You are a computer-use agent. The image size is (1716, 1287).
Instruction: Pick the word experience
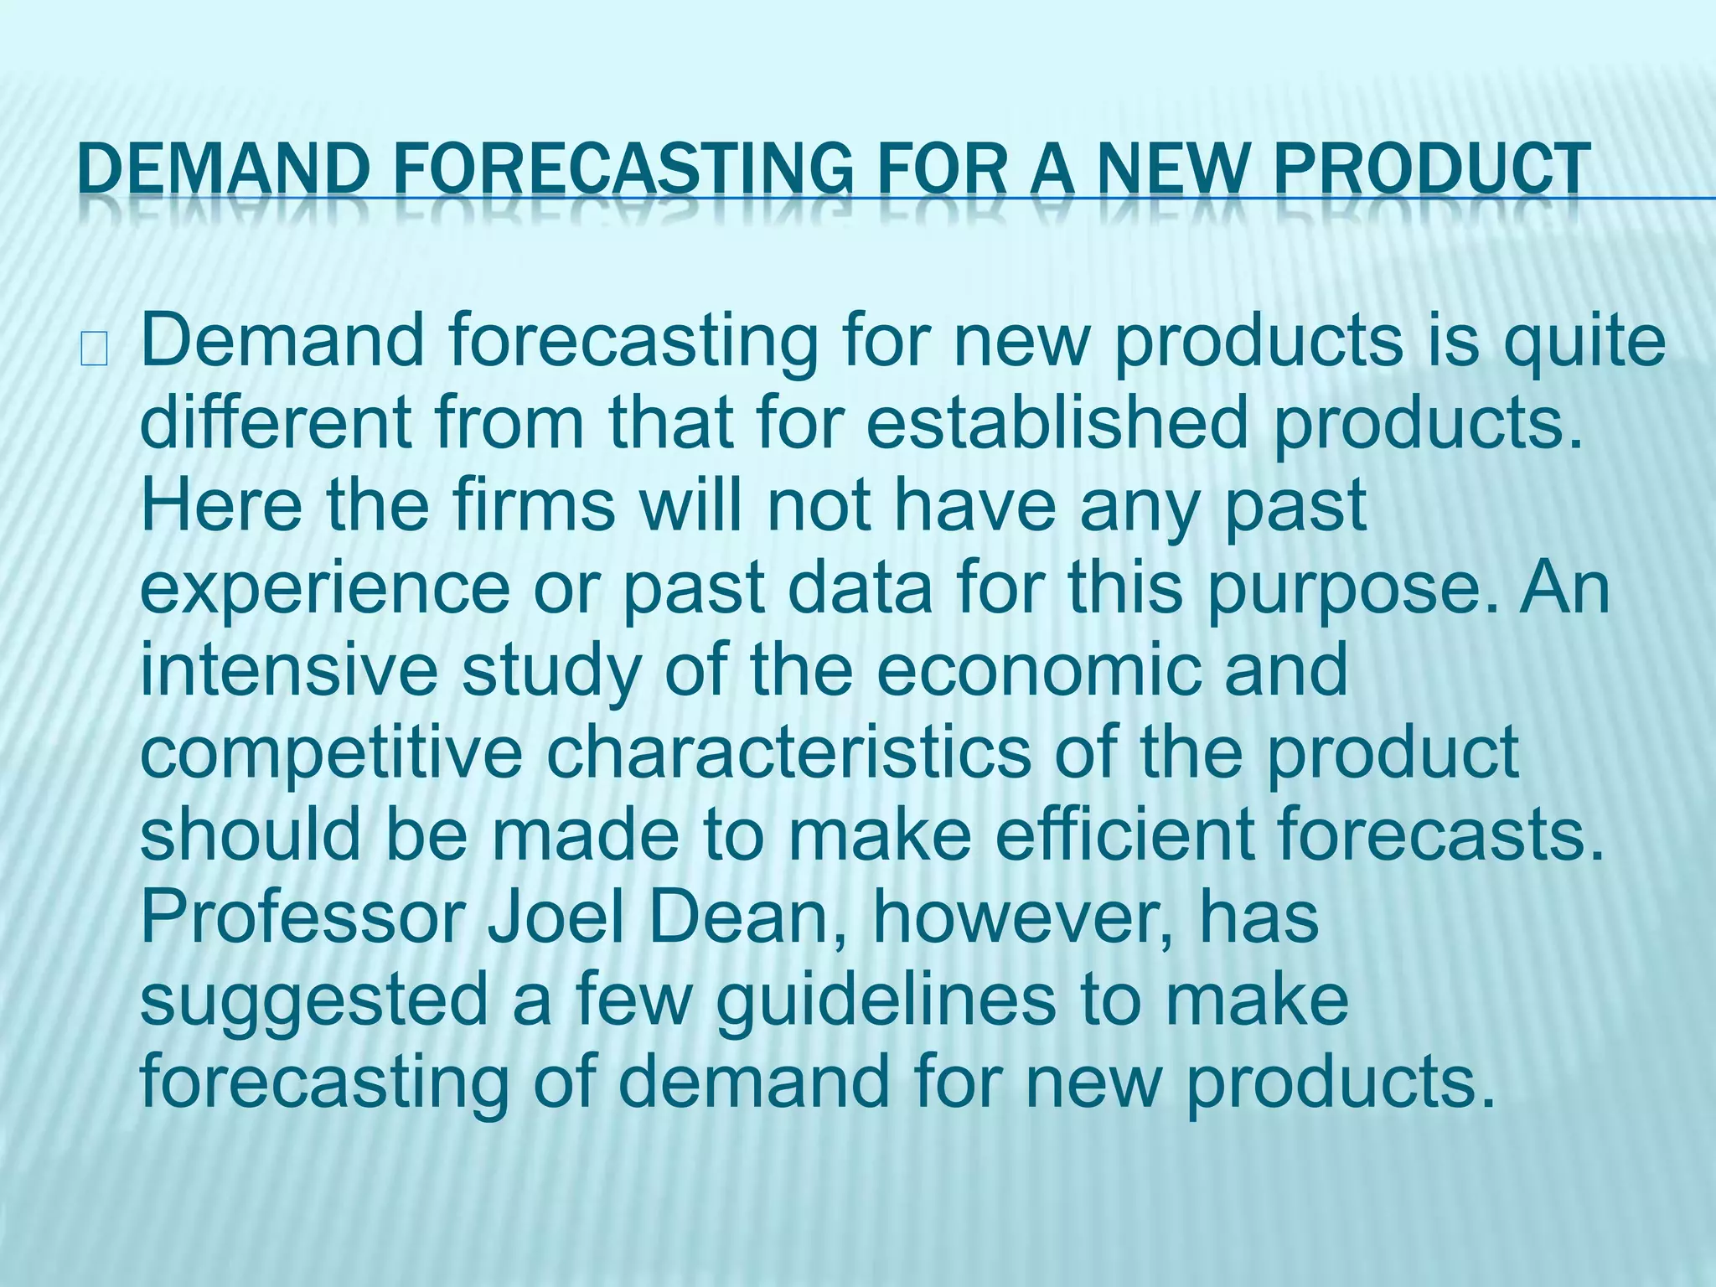pyautogui.click(x=324, y=588)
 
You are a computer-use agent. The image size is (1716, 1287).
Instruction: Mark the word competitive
pyautogui.click(x=331, y=752)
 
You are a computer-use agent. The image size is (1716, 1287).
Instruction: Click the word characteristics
pyautogui.click(x=788, y=752)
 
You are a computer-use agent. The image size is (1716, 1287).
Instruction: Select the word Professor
pyautogui.click(x=302, y=917)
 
